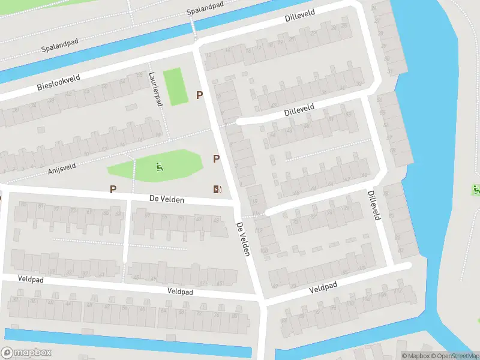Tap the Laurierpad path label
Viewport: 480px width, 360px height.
[155, 89]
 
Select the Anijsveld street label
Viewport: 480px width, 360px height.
[63, 167]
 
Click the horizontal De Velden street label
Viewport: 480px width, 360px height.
[167, 199]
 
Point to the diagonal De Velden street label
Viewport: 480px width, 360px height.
[242, 239]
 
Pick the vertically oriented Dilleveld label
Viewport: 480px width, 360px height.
[373, 205]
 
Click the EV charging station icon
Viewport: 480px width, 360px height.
[217, 190]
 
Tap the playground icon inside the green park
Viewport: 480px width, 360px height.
[159, 166]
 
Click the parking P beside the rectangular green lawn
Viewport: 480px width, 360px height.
[200, 95]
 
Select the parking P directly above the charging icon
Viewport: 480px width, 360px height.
[216, 158]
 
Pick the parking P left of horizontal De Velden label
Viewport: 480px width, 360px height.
[113, 189]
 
